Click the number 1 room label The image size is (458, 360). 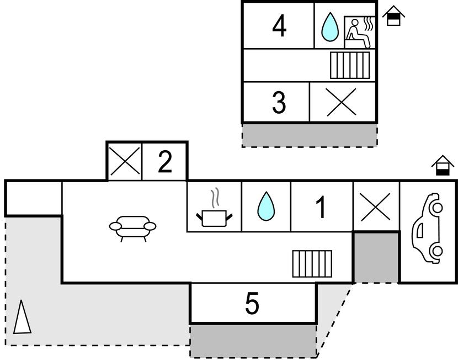(x=321, y=207)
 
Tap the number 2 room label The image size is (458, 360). (x=165, y=162)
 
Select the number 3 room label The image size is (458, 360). (x=279, y=102)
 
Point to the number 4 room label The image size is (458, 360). (x=280, y=25)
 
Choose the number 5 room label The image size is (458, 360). (x=252, y=304)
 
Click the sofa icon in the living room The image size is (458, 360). (x=133, y=227)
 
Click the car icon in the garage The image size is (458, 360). (x=428, y=228)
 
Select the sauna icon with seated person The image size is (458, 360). (x=359, y=33)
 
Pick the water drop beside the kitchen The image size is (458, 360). (x=265, y=207)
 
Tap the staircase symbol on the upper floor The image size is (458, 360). (x=350, y=65)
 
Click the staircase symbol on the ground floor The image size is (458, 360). (x=312, y=264)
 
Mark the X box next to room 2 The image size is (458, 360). (x=124, y=162)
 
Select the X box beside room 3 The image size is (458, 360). (x=341, y=102)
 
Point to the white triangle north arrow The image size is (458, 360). (x=22, y=317)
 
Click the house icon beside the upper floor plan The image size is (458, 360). (x=393, y=16)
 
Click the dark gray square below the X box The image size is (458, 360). (x=376, y=257)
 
